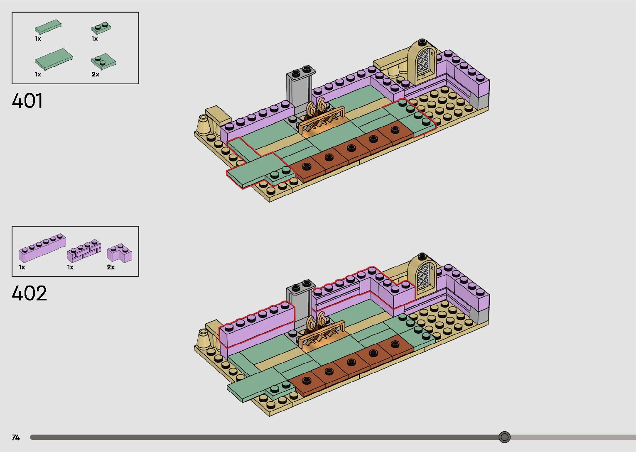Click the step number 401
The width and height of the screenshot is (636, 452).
[x=27, y=101]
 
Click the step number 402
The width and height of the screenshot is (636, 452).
[x=29, y=293]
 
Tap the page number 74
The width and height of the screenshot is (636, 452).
[x=16, y=437]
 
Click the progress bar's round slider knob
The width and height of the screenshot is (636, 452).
[x=505, y=437]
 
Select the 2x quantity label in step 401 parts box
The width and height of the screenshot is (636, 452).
[x=96, y=74]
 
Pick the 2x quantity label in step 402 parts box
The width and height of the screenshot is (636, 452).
[x=111, y=267]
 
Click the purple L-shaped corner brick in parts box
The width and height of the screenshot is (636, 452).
[x=119, y=252]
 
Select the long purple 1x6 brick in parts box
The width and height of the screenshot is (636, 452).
[x=42, y=248]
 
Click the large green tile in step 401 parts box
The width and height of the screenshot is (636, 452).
[x=54, y=59]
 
